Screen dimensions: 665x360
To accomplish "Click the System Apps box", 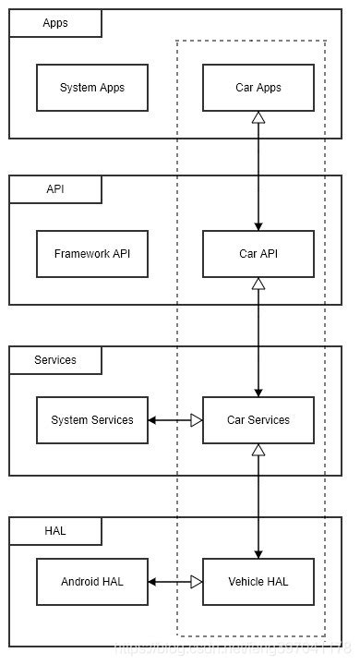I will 92,88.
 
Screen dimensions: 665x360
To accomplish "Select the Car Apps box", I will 258,88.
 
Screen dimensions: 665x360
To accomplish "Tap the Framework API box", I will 92,254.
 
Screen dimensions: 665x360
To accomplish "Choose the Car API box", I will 258,254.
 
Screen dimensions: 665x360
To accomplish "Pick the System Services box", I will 92,420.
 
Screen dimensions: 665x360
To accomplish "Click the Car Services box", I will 258,420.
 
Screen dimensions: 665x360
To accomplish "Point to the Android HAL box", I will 92,582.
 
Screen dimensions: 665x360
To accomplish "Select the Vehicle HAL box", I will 258,582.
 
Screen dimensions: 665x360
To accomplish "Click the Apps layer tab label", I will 55,23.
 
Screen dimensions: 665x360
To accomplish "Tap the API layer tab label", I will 55,189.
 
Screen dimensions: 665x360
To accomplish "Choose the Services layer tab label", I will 55,359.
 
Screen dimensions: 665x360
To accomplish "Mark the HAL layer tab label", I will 55,531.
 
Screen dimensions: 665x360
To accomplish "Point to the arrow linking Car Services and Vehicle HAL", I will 258,503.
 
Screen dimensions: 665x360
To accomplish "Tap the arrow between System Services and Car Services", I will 175,420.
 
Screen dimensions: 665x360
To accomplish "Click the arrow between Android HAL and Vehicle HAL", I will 175,582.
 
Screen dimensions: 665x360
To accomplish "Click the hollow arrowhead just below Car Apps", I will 258,117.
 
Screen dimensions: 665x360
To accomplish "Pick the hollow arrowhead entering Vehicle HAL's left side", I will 196,582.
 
